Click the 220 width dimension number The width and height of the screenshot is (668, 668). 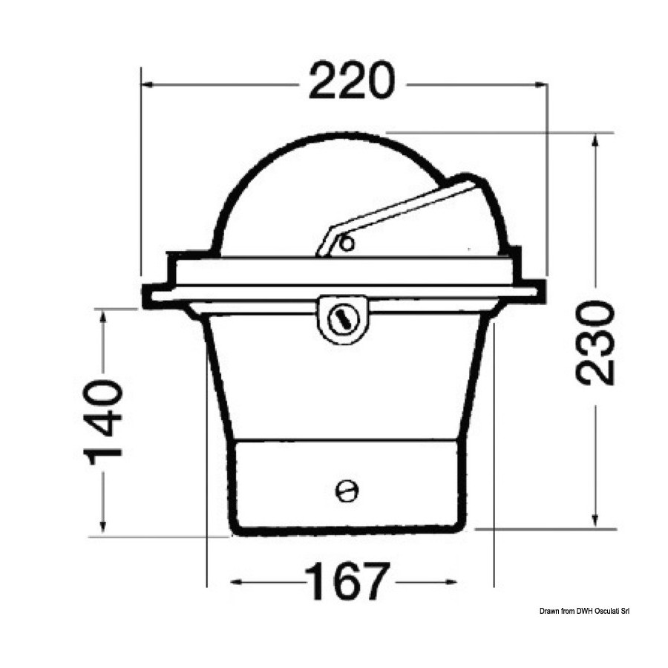click(x=352, y=82)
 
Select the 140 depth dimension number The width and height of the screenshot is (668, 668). click(x=103, y=422)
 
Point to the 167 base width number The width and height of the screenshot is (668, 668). click(x=347, y=580)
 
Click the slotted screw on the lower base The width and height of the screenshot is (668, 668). click(x=347, y=491)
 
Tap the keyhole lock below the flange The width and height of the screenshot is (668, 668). click(x=344, y=318)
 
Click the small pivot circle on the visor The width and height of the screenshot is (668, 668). click(x=348, y=243)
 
